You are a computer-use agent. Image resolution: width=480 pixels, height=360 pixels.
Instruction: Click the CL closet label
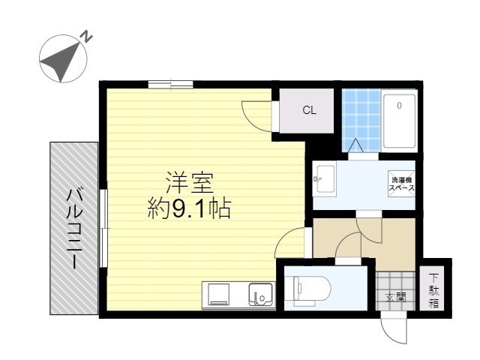[309, 110]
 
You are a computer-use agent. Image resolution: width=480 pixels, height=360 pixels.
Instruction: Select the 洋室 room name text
[190, 182]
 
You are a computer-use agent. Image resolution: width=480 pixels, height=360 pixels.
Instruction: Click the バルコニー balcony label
[75, 229]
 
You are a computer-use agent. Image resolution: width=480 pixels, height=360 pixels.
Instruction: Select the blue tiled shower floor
[361, 120]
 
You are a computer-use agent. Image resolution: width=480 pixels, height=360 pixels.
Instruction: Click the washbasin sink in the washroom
[324, 179]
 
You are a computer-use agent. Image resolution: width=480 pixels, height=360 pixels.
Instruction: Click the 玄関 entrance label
[396, 297]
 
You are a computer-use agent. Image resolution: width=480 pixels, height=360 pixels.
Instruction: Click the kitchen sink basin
[259, 294]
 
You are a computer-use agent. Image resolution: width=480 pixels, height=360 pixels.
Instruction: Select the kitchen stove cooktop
[218, 294]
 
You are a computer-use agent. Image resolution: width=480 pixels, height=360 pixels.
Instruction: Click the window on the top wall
[169, 84]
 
